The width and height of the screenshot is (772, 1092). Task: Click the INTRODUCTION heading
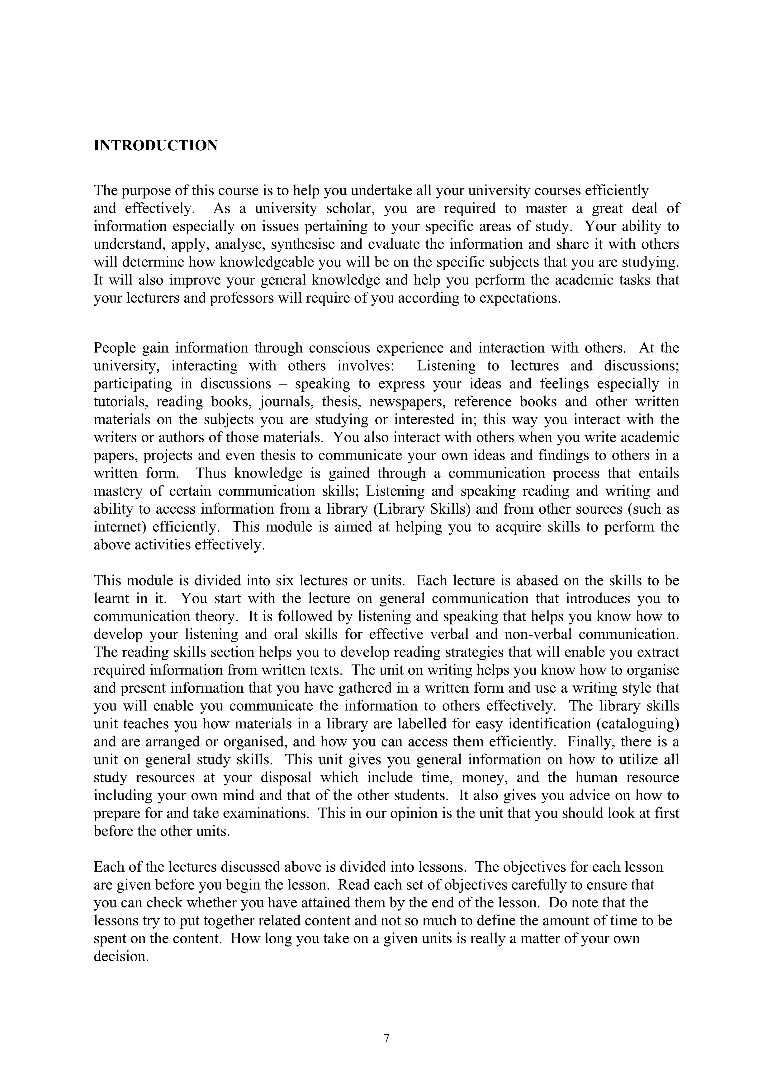point(155,146)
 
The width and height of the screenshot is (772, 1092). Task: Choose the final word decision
point(121,957)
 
